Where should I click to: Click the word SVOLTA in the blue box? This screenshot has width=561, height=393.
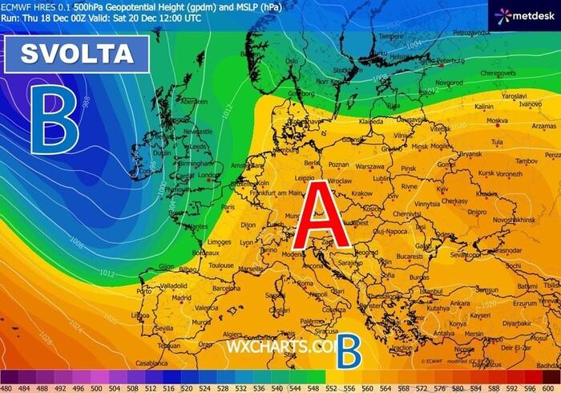pyautogui.click(x=77, y=54)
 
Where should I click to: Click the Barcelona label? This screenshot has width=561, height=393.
pyautogui.click(x=227, y=288)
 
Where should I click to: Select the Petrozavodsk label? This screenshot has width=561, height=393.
pyautogui.click(x=471, y=32)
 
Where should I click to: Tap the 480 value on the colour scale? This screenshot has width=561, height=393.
pyautogui.click(x=10, y=387)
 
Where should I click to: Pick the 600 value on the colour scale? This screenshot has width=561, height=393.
pyautogui.click(x=551, y=387)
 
